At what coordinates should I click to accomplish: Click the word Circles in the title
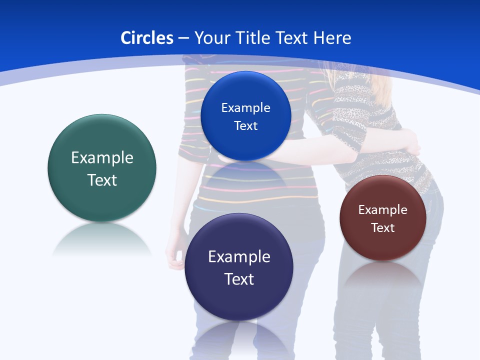pos(146,38)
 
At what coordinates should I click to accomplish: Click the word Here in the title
pos(332,38)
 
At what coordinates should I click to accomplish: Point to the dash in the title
pos(183,38)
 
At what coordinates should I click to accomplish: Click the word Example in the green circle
pos(102,158)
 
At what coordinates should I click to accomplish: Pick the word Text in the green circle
pos(102,180)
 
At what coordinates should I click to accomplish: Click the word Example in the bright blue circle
pos(245,108)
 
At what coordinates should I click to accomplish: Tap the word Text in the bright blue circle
pos(245,126)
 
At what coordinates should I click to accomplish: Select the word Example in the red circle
pos(382,210)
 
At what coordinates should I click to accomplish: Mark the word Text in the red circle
pos(382,228)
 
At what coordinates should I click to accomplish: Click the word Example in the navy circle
pos(239,257)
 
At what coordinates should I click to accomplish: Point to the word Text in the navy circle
pos(239,279)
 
